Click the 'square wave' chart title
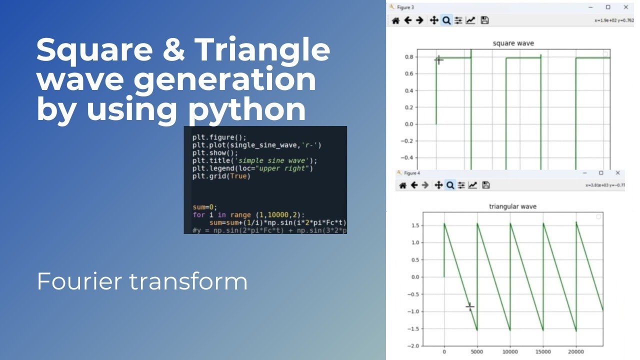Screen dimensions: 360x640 click(513, 43)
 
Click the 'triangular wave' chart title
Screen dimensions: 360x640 click(512, 206)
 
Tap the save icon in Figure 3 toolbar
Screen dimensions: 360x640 click(484, 20)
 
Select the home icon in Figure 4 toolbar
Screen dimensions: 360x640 click(402, 185)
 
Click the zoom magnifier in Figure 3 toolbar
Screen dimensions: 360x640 click(446, 20)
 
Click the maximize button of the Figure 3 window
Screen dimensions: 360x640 click(608, 7)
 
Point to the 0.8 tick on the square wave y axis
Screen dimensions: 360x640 click(408, 57)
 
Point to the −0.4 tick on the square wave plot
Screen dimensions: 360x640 click(407, 157)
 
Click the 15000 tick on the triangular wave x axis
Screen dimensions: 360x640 click(543, 351)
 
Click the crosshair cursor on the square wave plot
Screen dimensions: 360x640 click(438, 60)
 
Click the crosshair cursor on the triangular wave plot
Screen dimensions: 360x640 click(470, 306)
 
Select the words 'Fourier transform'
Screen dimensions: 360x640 click(142, 281)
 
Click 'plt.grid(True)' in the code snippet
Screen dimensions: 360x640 click(221, 176)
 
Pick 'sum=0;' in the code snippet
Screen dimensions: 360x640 click(205, 206)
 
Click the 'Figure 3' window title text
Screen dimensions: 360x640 click(405, 7)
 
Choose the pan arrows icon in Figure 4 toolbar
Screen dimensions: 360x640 click(438, 185)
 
